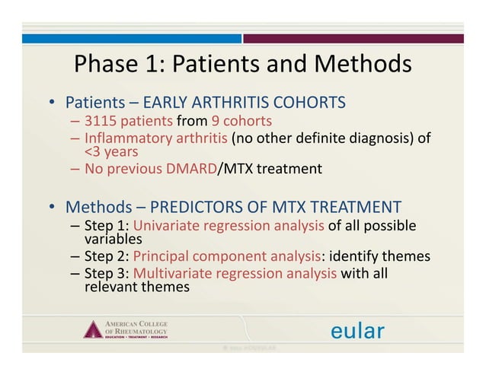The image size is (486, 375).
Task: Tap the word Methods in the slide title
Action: [x=360, y=64]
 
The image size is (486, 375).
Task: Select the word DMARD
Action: [x=187, y=169]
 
